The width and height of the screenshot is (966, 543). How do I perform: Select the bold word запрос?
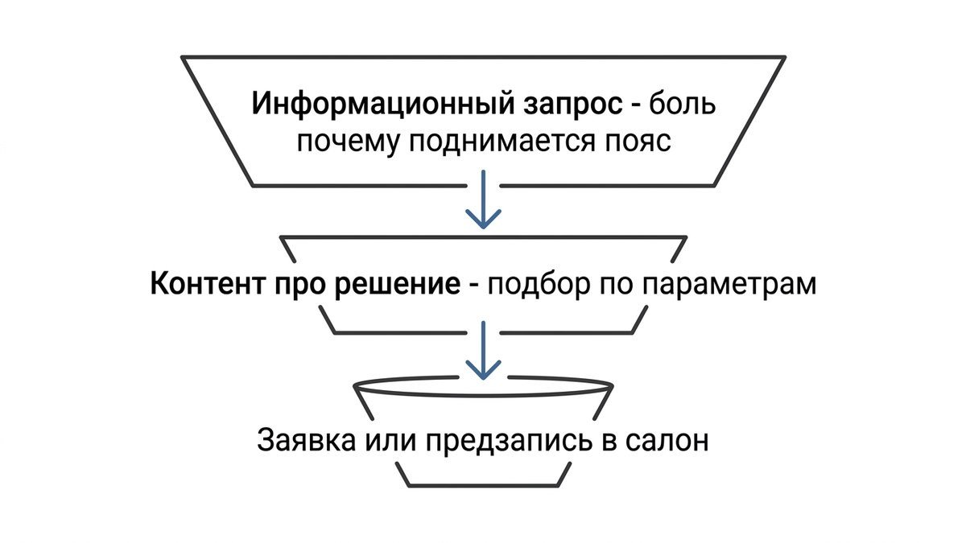(x=573, y=106)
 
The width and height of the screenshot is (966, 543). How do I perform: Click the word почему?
(x=348, y=142)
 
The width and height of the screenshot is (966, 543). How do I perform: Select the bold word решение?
(x=398, y=285)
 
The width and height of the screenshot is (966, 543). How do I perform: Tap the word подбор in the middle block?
(x=539, y=284)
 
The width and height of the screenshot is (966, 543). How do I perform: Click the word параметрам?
(x=729, y=286)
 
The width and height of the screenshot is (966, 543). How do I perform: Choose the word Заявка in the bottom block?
(x=306, y=440)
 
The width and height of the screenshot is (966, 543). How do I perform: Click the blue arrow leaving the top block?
(x=483, y=200)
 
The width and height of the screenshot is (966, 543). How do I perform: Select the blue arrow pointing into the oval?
(x=483, y=351)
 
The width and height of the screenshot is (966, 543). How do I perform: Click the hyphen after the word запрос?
(x=636, y=106)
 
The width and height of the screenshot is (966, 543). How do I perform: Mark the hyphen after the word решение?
(x=474, y=286)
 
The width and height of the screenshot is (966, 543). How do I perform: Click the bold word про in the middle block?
(x=299, y=286)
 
